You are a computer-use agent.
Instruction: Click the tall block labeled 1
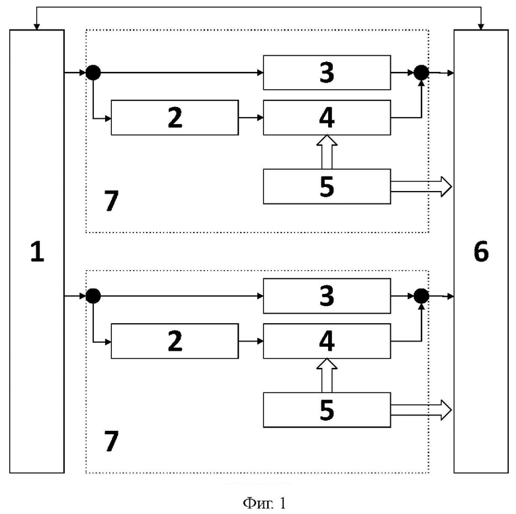37,252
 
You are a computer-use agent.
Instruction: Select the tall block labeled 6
481,252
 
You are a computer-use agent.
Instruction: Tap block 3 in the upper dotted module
327,73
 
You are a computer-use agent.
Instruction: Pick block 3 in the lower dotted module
327,296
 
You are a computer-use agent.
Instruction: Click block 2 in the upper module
175,118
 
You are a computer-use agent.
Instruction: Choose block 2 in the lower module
175,341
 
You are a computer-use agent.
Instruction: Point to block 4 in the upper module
327,118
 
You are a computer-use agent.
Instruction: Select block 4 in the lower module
327,341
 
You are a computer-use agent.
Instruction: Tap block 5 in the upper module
327,186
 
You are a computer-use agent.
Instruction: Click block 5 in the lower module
327,410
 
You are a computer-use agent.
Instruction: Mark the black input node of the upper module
93,73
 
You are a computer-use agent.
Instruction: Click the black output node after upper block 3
421,73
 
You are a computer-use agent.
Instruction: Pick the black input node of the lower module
93,296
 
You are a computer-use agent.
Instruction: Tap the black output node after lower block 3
421,296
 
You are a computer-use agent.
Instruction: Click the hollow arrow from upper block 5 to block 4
327,152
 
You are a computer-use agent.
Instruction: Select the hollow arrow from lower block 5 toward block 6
421,410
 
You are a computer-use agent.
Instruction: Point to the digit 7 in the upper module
111,201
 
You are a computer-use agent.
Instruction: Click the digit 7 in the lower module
111,441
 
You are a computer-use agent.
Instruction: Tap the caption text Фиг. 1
264,503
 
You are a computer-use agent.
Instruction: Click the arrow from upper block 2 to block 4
251,118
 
